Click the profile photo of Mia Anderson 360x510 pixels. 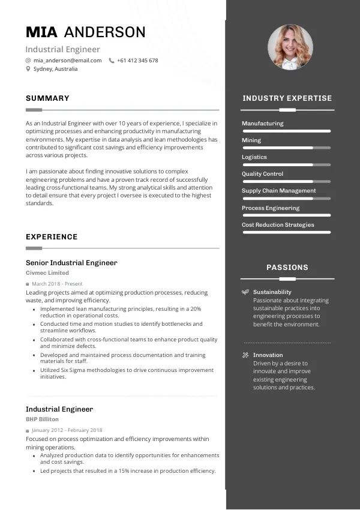pos(290,47)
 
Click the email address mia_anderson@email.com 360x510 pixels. pos(67,61)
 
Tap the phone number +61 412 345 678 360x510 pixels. pos(137,61)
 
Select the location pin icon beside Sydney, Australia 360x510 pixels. pos(28,69)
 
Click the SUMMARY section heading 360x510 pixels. pos(47,98)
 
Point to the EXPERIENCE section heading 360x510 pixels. pos(52,237)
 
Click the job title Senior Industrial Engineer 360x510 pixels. pos(71,263)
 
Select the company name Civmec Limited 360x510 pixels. pos(47,273)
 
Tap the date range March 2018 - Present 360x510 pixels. pos(57,284)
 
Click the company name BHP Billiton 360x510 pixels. pos(42,419)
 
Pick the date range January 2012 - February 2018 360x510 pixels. pos(67,430)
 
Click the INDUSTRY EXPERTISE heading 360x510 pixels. pos(287,98)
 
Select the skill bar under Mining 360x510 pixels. pos(286,148)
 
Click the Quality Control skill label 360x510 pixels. pos(262,174)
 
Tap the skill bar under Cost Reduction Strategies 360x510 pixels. pos(286,232)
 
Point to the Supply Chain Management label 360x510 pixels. pos(278,191)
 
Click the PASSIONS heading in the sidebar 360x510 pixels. pos(287,268)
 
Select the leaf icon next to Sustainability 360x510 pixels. pos(245,292)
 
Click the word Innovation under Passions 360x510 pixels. pos(268,355)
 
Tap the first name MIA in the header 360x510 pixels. pos(41,32)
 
